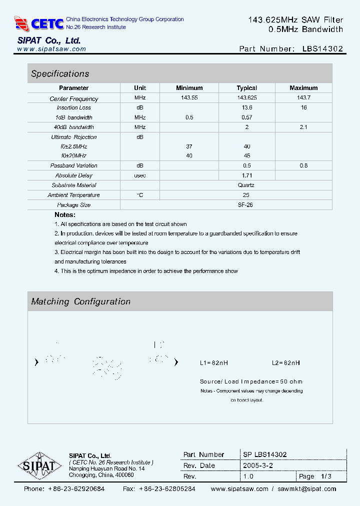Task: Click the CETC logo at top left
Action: coord(39,23)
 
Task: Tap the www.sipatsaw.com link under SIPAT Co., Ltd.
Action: coord(51,49)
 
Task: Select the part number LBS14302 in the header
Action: coord(322,49)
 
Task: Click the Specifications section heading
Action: coord(60,73)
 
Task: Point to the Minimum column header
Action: coord(189,88)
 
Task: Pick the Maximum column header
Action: coord(303,88)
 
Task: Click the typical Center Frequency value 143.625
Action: coord(247,98)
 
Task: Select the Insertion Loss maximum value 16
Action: coord(304,107)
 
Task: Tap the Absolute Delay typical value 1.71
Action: coord(247,175)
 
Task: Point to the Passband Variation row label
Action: coord(74,165)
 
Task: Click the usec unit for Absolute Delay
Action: coord(140,175)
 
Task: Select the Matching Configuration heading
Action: coord(80,301)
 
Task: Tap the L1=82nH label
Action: coord(214,362)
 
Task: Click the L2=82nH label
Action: coord(286,362)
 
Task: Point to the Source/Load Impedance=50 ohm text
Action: coord(251,381)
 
